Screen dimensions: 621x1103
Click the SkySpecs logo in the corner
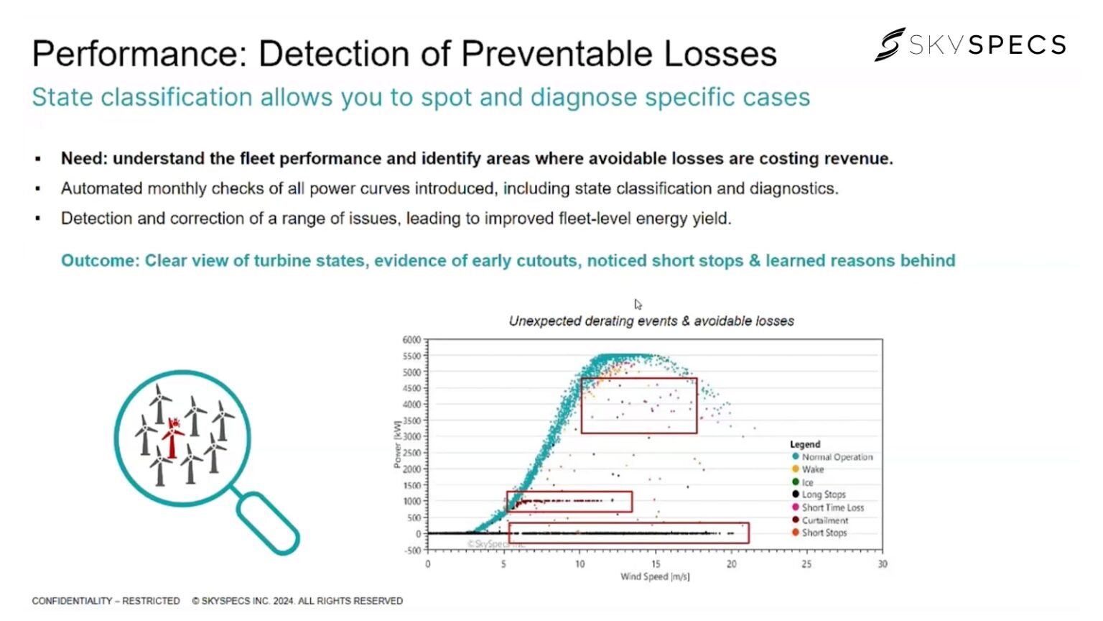(x=969, y=45)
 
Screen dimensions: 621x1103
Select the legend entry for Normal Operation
(x=836, y=457)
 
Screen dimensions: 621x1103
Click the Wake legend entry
(x=812, y=469)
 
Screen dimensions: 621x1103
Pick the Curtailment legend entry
(x=824, y=520)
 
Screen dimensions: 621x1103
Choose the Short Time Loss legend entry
(x=832, y=507)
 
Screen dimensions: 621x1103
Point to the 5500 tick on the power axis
(x=411, y=356)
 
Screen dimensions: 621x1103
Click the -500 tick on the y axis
(x=412, y=551)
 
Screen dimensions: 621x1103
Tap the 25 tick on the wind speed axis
(x=806, y=564)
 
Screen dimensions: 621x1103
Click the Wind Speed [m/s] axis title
(x=654, y=576)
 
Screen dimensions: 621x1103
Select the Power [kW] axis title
(x=397, y=444)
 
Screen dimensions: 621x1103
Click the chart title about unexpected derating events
(x=651, y=321)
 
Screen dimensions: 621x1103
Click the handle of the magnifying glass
(x=267, y=523)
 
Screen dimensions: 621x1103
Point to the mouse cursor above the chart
(x=638, y=305)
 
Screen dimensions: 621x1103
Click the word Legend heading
(x=804, y=444)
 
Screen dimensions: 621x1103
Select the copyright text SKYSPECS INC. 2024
(x=297, y=601)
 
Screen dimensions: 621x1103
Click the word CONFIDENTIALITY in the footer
(x=72, y=601)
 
